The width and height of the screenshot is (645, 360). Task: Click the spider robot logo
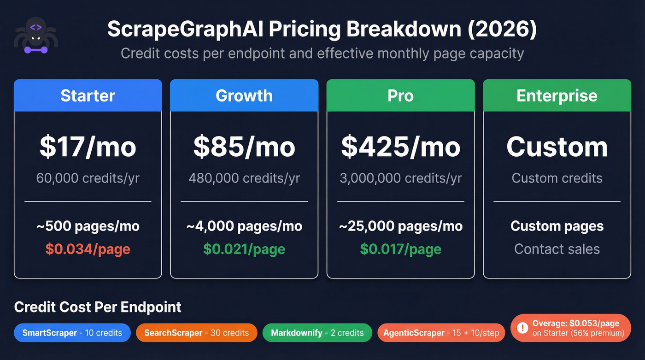coord(35,35)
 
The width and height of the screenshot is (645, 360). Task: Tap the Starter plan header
coord(88,95)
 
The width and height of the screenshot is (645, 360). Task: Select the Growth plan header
coord(244,95)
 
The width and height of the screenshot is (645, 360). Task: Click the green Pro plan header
coord(400,95)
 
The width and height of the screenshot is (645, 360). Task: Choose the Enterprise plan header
coord(557,95)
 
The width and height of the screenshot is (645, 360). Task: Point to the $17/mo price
coord(88,147)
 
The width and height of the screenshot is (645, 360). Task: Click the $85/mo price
coord(244,147)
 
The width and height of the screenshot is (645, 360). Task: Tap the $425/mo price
coord(400,147)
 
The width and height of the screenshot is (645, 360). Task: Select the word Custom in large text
coord(557,147)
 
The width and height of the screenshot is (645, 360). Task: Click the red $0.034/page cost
coord(88,249)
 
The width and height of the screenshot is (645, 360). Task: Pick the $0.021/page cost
coord(244,249)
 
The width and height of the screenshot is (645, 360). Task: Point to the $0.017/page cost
coord(400,249)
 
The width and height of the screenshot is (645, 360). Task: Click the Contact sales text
coord(557,249)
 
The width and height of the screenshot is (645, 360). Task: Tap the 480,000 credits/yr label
coord(244,178)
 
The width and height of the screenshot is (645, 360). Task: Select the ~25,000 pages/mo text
coord(400,226)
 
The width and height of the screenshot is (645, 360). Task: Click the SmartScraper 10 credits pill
coord(72,333)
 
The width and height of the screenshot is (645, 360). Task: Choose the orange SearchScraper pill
coord(196,333)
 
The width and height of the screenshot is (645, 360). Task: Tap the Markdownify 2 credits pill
coord(317,333)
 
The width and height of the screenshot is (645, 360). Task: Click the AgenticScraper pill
coord(441,333)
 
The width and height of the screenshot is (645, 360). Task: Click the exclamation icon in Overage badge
coord(522,328)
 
